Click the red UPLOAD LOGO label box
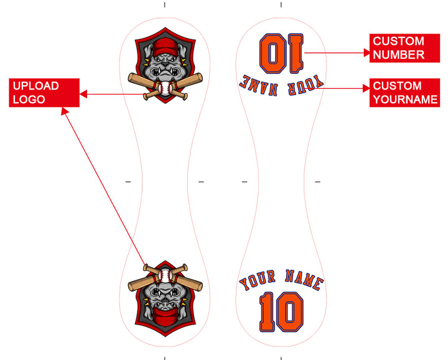[44, 93]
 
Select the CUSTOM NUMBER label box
[404, 48]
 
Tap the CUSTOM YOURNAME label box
[404, 93]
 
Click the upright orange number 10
[281, 313]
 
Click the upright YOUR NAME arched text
[281, 281]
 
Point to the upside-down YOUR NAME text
[282, 84]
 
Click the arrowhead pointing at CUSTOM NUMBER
[366, 53]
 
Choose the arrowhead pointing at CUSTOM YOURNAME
[366, 88]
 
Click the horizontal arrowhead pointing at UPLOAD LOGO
[84, 95]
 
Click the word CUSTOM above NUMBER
[398, 42]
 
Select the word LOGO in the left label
[29, 99]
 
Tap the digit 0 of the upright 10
[291, 313]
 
